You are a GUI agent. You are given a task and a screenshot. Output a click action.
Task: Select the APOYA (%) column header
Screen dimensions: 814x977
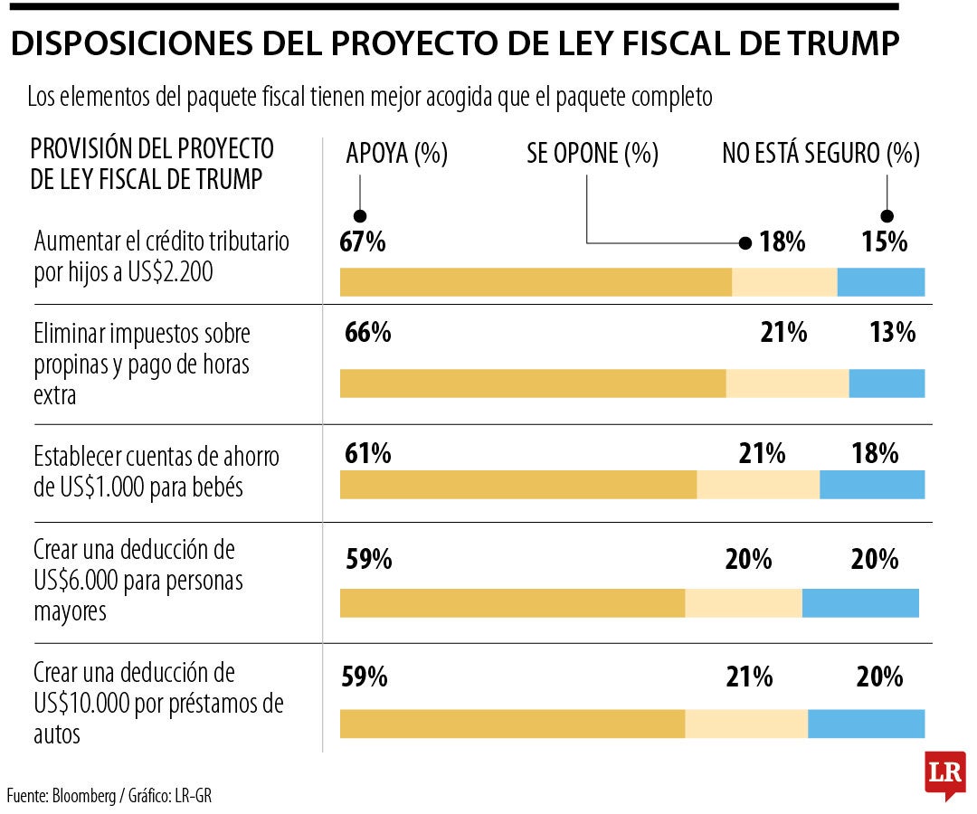pos(397,154)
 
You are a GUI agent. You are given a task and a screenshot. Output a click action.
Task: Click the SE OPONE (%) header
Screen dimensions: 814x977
pos(593,154)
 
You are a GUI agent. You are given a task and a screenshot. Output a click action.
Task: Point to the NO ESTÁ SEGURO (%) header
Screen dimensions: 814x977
pos(820,154)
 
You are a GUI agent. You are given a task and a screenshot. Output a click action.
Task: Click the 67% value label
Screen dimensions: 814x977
pos(364,241)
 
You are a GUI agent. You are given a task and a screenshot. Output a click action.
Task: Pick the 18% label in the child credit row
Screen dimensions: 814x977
pos(783,241)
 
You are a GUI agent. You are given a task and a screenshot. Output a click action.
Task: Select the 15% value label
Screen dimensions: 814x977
pos(884,241)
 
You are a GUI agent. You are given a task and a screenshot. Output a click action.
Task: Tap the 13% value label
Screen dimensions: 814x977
pos(893,333)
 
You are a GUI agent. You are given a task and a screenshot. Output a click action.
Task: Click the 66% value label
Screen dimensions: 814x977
pos(367,333)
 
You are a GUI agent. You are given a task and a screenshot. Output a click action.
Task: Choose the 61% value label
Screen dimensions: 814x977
pos(367,453)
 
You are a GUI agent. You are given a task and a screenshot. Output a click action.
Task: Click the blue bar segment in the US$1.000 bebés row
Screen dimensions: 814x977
pos(872,485)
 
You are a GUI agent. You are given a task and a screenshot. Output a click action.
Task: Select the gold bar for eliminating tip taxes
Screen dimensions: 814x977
pos(533,383)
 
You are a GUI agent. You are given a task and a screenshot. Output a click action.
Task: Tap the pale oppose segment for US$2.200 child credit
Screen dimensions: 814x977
pos(784,282)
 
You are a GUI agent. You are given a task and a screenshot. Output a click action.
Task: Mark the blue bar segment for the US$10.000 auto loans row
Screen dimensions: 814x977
pos(866,724)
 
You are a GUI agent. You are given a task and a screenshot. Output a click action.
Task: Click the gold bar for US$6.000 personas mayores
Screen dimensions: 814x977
pos(512,603)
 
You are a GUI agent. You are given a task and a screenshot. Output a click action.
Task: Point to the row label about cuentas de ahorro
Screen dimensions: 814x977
pos(157,471)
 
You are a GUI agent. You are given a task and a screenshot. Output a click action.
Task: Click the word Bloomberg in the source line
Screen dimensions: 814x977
pos(84,796)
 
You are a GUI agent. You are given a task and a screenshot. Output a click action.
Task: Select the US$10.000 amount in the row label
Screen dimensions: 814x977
pos(80,704)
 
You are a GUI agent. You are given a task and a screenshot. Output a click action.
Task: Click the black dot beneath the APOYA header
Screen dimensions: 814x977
pos(360,216)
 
